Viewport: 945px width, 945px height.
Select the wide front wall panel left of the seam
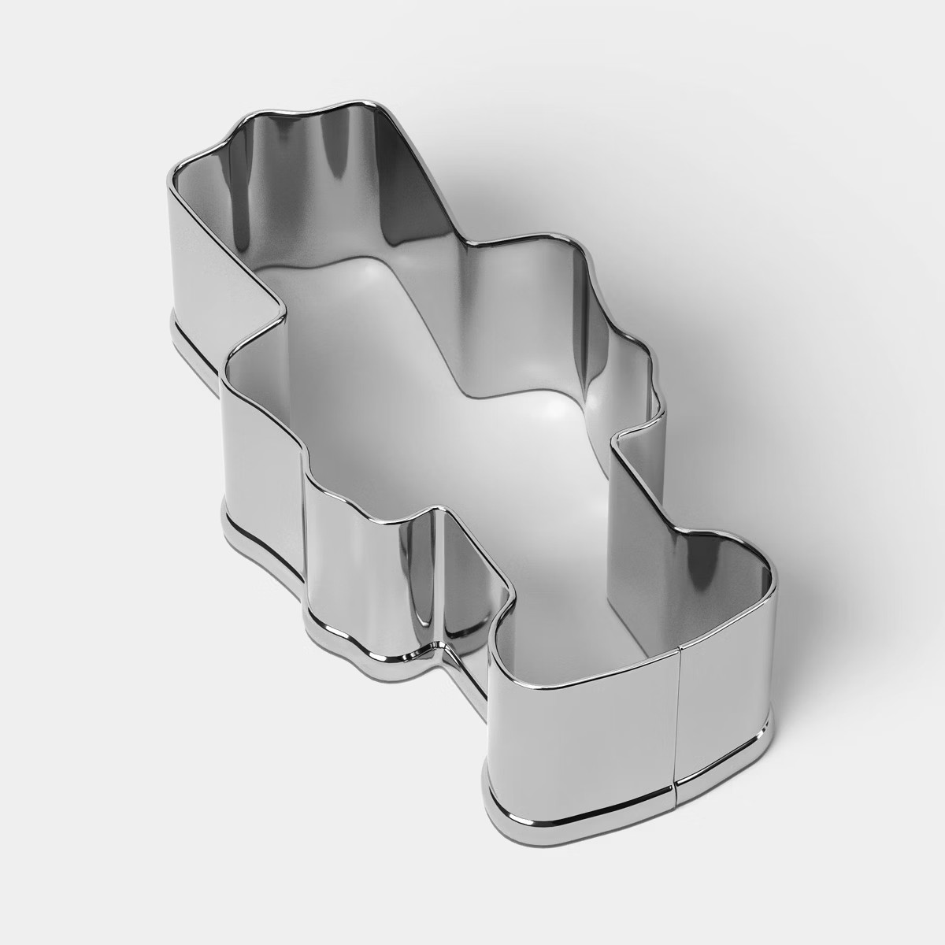[583, 709]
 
